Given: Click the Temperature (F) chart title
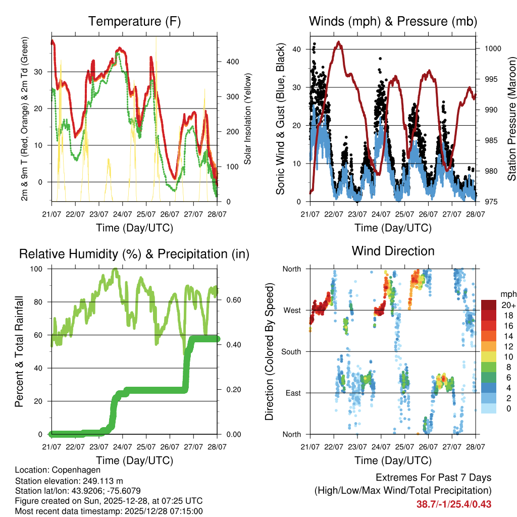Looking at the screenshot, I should pos(134,22).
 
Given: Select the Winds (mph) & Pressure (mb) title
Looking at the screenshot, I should pos(393,22).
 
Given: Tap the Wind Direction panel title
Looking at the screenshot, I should pos(393,251).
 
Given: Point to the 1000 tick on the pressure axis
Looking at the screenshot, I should pos(492,49).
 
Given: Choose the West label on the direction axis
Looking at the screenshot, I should pos(291,310).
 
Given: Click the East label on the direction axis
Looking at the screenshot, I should pos(292,393).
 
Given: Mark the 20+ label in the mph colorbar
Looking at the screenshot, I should pos(507,305).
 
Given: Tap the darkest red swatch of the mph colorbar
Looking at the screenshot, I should pos(489,305).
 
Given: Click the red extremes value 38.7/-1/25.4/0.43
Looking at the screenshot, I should pos(453,504).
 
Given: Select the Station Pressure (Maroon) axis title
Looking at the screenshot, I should pos(511,119).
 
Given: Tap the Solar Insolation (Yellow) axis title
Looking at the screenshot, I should pos(247,119).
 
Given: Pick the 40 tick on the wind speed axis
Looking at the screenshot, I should pos(297,49).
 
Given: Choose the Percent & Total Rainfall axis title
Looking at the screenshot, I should pos(19,351).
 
